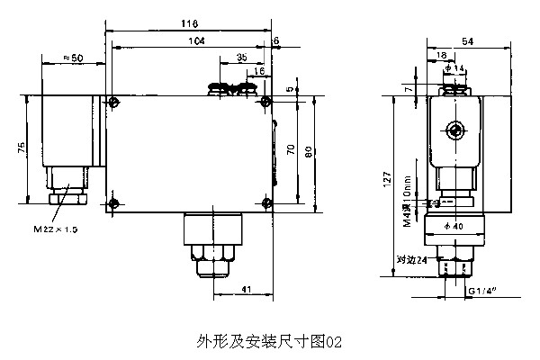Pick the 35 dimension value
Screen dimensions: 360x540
point(240,57)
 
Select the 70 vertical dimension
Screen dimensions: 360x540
point(291,150)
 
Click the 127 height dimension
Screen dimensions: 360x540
point(387,179)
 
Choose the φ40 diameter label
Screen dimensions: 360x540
point(454,226)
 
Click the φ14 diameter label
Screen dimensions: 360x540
point(456,68)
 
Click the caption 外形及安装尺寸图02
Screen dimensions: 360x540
point(269,341)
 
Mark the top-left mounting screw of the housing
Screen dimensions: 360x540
point(112,100)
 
